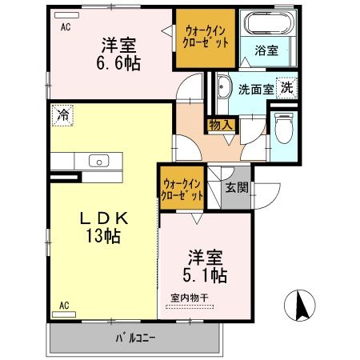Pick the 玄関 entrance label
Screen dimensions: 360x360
coord(236,189)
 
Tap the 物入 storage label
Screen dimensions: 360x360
coord(221,125)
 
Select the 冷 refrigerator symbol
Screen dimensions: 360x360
coord(62,114)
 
